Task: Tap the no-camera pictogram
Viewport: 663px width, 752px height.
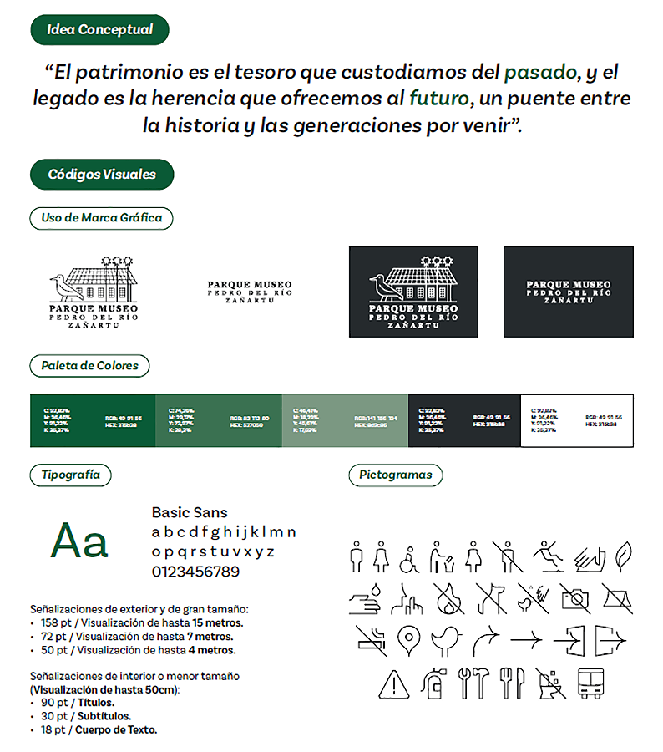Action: [x=575, y=597]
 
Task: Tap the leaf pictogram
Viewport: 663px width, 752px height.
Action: [x=622, y=555]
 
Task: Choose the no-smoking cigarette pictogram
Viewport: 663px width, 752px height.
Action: [x=370, y=640]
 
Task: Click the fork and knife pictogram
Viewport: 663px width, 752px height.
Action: [x=510, y=683]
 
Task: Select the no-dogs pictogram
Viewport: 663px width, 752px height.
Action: [x=491, y=597]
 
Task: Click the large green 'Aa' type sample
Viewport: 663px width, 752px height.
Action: [x=80, y=541]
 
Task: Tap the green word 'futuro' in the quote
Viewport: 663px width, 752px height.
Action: [x=438, y=98]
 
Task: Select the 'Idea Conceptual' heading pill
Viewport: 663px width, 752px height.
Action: [x=99, y=30]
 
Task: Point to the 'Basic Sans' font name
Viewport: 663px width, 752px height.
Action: [x=190, y=512]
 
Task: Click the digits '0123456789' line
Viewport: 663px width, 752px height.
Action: [x=195, y=572]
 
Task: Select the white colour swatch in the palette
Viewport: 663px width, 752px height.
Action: [x=577, y=414]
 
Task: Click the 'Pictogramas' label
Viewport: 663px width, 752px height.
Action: [x=395, y=475]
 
